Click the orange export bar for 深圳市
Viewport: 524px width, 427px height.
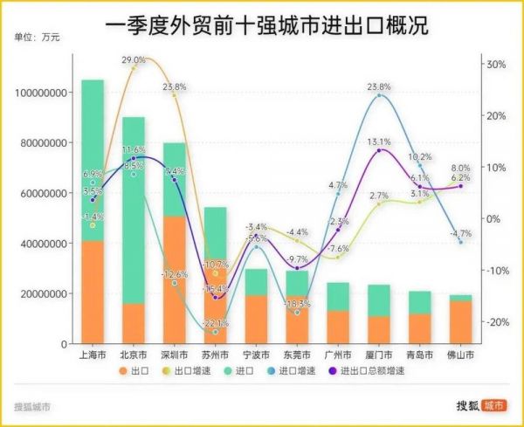(174, 279)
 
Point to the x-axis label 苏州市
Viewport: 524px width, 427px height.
(215, 355)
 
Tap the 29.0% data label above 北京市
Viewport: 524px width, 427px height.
(134, 59)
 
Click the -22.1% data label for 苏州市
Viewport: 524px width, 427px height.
(215, 323)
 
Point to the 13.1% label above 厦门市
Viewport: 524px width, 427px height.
(379, 141)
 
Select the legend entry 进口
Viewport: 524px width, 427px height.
(250, 370)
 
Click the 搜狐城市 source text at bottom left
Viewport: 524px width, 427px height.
(32, 407)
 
